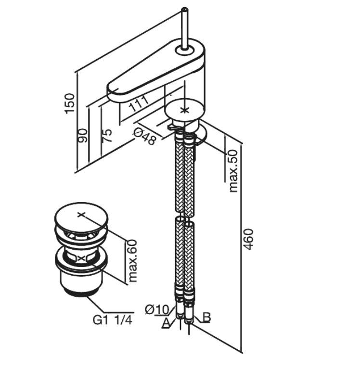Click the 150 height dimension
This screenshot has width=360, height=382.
pos(70,103)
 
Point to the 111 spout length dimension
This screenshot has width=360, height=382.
pos(138,103)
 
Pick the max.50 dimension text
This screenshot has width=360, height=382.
pos(233,170)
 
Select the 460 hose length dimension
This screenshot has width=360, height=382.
pos(248,239)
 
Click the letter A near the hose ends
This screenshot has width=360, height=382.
pos(167,323)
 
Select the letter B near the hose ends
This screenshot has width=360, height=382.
pos(206,317)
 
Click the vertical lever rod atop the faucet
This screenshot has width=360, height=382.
pos(184,26)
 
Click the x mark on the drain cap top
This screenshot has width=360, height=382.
pos(81,214)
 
